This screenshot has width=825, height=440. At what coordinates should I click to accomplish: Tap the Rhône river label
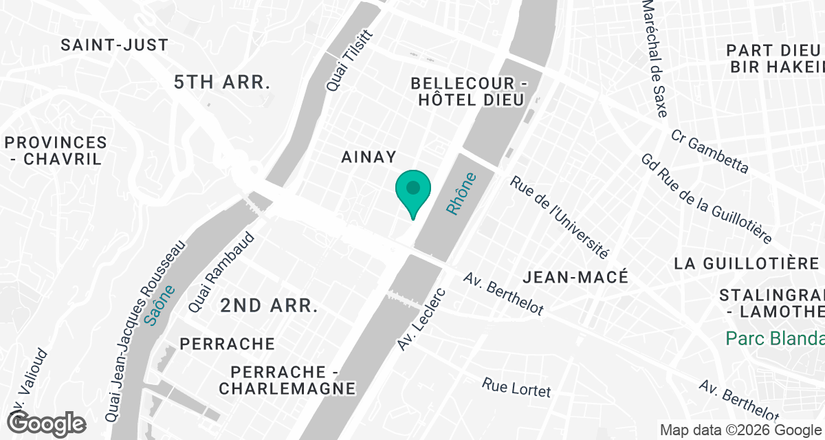coord(461,194)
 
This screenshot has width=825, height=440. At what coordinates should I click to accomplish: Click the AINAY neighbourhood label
coord(369,157)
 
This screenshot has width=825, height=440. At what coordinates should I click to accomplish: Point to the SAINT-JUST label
coord(114,45)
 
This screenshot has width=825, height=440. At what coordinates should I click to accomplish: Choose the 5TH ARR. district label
coord(221,82)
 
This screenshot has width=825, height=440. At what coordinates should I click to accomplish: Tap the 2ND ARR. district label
coord(269,306)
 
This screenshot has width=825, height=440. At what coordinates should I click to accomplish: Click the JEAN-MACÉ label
coord(575,277)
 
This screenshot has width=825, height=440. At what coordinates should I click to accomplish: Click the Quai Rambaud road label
coord(221,274)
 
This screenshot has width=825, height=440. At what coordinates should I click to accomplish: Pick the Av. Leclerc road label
coord(422,319)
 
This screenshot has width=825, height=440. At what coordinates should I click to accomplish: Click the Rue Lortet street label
coord(516,387)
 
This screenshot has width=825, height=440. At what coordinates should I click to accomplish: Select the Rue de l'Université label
coord(559,217)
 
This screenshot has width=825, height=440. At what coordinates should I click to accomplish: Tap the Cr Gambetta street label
coord(709,151)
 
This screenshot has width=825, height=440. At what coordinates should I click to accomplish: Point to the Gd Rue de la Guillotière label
coord(705,197)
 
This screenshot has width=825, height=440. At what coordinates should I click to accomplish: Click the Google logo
coord(46,423)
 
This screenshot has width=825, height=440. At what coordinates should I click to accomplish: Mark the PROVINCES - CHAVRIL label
coord(55,151)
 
